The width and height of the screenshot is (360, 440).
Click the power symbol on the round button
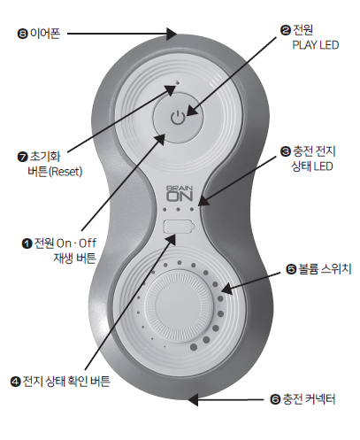click(x=178, y=117)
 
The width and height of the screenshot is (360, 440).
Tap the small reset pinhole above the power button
click(x=178, y=82)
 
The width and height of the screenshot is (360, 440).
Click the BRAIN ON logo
click(x=180, y=194)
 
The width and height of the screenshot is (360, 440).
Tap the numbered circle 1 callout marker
click(x=27, y=243)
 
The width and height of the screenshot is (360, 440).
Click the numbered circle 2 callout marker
click(x=285, y=30)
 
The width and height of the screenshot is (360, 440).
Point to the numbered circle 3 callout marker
click(x=285, y=151)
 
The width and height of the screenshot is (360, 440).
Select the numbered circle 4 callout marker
click(x=15, y=382)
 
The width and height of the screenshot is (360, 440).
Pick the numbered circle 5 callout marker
click(x=291, y=269)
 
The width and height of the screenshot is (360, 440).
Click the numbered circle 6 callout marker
click(x=275, y=400)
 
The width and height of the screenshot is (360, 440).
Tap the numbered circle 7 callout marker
click(x=22, y=157)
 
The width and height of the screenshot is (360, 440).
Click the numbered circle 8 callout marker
click(x=22, y=34)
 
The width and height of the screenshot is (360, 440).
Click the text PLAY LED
click(x=316, y=45)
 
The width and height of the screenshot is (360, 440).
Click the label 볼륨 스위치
click(x=325, y=269)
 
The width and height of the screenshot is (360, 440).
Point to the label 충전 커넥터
click(x=309, y=399)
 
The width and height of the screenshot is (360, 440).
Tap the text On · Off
click(x=76, y=243)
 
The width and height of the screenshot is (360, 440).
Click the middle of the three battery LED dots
click(x=178, y=210)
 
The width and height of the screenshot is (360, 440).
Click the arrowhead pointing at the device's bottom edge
click(x=193, y=400)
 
